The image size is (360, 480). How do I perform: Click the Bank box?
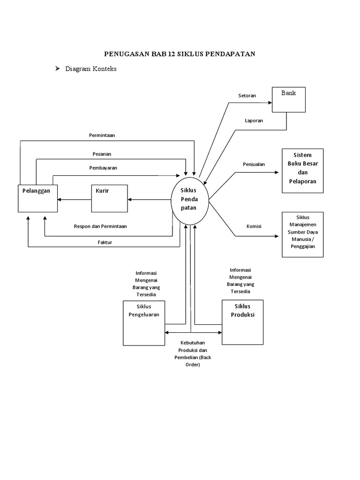click(289, 99)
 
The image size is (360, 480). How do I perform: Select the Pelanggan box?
click(37, 198)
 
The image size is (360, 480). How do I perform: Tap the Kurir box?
click(109, 198)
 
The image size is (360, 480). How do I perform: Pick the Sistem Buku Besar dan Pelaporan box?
click(302, 171)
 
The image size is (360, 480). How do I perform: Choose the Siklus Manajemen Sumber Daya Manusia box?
click(302, 234)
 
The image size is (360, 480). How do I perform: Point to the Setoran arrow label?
click(247, 96)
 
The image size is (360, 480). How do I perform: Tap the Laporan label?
click(254, 120)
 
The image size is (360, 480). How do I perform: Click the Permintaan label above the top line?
click(102, 135)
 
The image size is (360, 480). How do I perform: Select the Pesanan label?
click(102, 154)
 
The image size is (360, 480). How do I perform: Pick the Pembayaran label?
click(103, 167)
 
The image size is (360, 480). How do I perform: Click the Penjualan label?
click(254, 164)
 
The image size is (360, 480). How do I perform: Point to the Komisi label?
click(254, 226)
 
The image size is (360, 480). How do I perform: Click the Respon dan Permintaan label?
click(100, 226)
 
